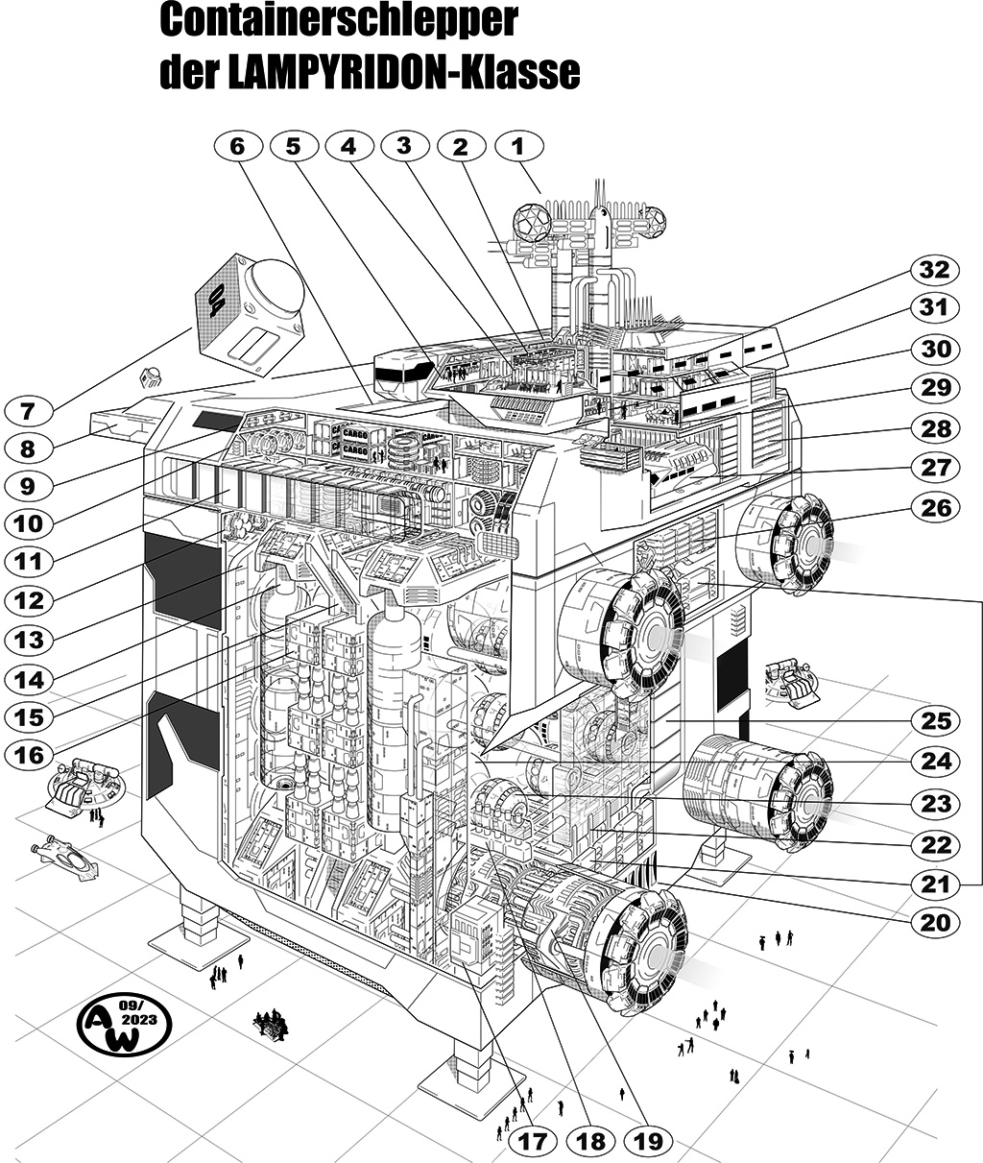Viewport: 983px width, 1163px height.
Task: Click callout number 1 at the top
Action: [519, 146]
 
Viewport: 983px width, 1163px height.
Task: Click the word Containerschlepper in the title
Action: [339, 20]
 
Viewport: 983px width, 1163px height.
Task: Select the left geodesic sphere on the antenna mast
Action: [531, 222]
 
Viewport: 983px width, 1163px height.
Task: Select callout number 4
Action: [348, 146]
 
